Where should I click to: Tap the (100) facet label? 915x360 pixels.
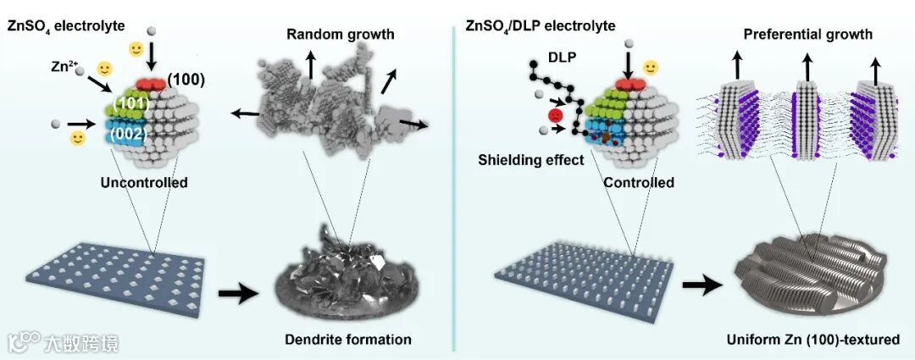coord(185,79)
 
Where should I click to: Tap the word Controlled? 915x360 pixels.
coord(639,182)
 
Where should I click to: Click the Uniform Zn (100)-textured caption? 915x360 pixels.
coord(812,340)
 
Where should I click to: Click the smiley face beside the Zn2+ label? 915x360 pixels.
coord(104,68)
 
